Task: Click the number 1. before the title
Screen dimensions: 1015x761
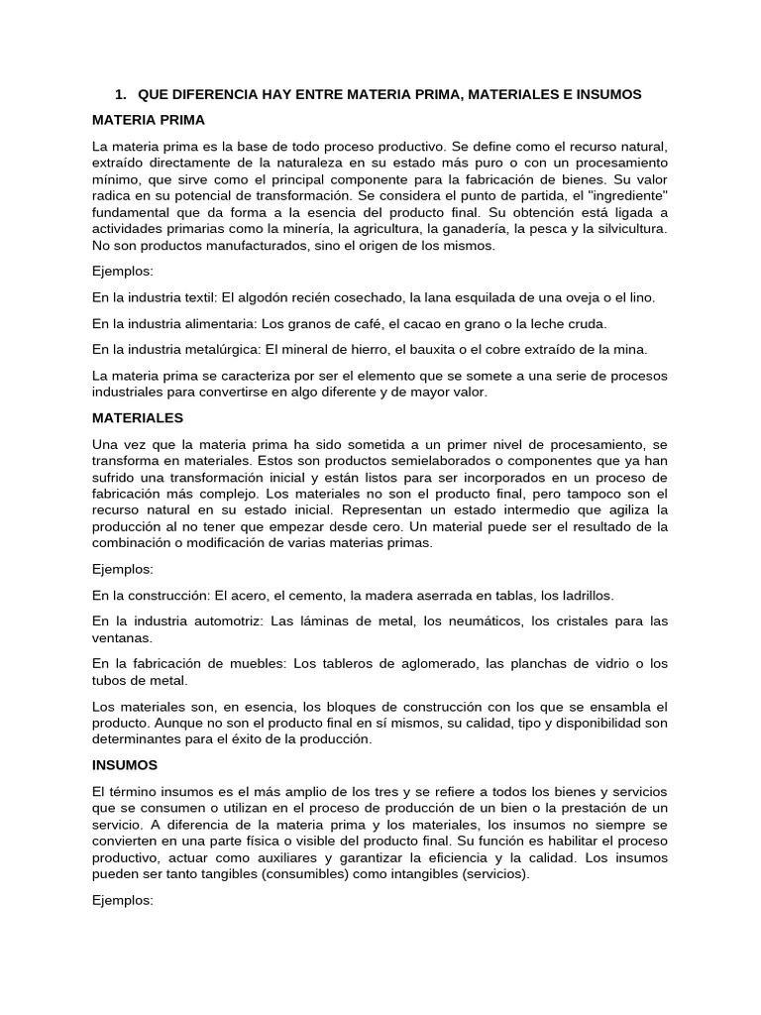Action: tap(121, 94)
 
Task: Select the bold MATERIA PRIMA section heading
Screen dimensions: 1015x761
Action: tap(149, 120)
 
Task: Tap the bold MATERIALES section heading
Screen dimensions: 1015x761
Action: tap(138, 418)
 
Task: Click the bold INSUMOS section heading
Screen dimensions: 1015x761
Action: tap(125, 765)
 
